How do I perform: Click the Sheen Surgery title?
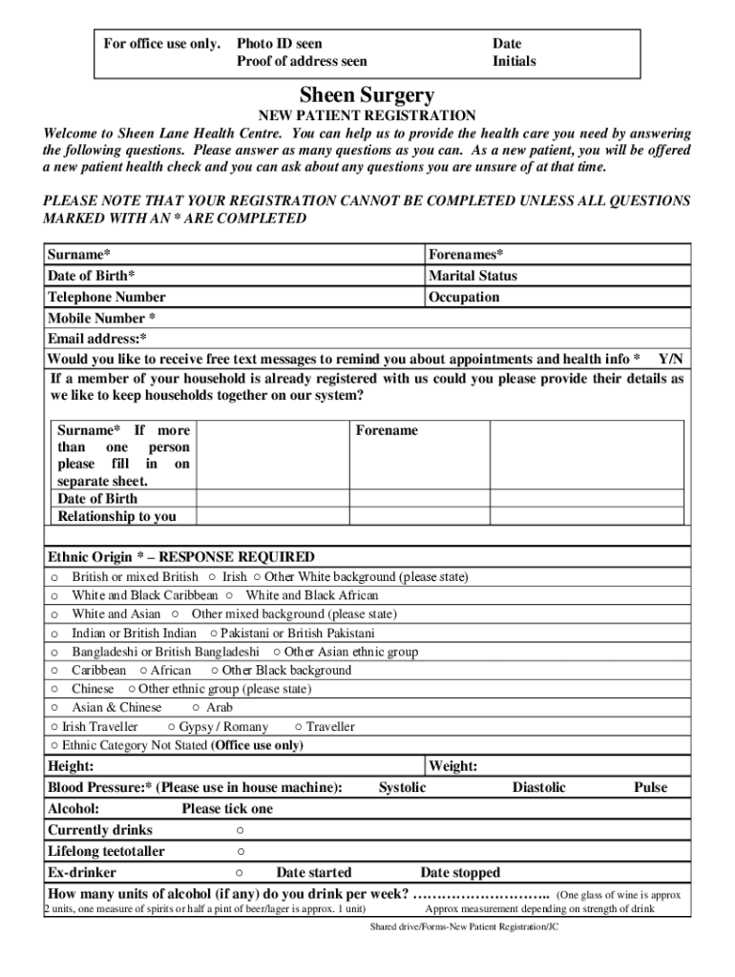[x=367, y=95]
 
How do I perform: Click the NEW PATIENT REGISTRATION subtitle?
[x=367, y=115]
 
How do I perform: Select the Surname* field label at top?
[x=78, y=255]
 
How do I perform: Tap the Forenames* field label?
[x=466, y=255]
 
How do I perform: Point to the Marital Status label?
[x=472, y=276]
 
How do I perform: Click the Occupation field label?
[x=464, y=297]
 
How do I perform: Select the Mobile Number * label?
[x=101, y=318]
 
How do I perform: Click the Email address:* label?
[x=97, y=339]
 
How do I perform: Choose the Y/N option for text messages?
[x=671, y=359]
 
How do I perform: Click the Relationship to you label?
[x=117, y=516]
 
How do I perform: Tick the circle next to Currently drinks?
[x=240, y=830]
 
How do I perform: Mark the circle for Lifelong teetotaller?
[x=241, y=851]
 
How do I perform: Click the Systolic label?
[x=402, y=787]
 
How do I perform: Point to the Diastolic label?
[x=538, y=787]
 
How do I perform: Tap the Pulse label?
[x=650, y=787]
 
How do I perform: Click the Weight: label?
[x=453, y=766]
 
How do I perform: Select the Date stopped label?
[x=460, y=872]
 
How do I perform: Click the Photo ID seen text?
[x=280, y=43]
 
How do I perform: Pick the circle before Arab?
[x=196, y=708]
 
